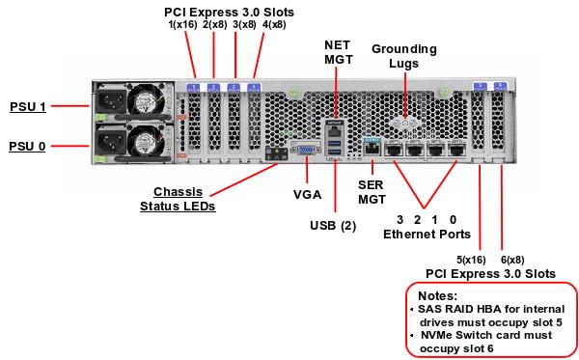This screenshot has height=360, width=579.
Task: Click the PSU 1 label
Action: (27, 105)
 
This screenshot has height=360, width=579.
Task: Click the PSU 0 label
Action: (27, 146)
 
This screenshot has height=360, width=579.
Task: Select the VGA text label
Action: (307, 193)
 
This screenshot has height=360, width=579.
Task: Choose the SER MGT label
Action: (372, 190)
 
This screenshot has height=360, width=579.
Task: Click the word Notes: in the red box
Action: (437, 294)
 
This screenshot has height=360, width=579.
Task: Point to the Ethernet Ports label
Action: (427, 234)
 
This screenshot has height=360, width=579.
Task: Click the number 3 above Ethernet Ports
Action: (400, 219)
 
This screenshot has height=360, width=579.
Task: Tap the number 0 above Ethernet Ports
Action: (453, 219)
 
